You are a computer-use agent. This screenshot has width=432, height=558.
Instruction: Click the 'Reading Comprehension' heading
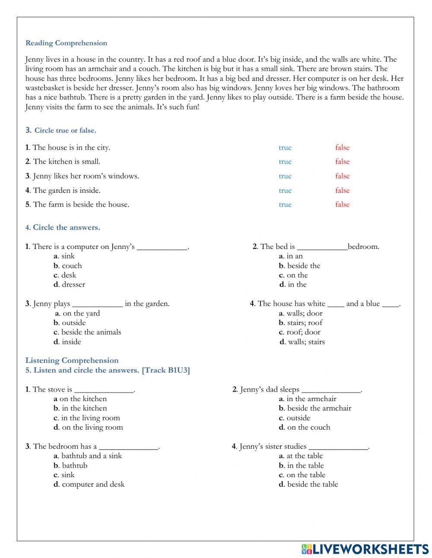66,43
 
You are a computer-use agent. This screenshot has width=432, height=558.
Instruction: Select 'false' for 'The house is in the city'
342,147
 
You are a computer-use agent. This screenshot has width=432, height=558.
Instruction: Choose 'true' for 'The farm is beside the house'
285,204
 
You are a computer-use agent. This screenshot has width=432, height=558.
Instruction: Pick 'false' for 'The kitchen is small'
342,162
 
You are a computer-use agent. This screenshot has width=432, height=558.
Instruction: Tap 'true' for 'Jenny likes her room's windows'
285,176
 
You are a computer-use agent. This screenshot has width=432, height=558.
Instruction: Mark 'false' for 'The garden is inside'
342,190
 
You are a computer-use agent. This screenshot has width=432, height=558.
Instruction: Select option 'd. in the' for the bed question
293,284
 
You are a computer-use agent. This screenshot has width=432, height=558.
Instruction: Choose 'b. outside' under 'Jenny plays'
70,322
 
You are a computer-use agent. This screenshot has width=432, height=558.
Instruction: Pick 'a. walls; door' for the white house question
301,313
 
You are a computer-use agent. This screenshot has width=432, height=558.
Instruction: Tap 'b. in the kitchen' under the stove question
80,408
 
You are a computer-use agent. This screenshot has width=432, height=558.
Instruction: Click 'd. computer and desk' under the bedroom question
89,484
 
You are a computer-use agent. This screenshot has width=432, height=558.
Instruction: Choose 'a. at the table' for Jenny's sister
301,456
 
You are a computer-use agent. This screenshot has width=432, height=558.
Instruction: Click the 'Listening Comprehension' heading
72,360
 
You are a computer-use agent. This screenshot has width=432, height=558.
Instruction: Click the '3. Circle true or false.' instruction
60,130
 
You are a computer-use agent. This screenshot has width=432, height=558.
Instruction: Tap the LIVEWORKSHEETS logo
365,549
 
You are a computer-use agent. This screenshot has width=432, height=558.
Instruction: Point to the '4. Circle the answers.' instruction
63,227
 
